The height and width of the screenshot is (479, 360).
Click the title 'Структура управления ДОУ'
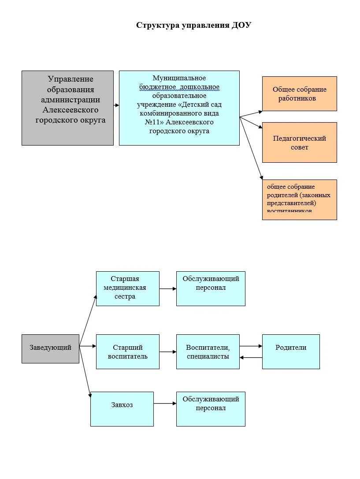click(x=193, y=25)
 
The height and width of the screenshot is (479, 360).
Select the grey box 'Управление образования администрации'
click(x=67, y=108)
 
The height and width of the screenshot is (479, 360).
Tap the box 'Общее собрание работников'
click(x=299, y=94)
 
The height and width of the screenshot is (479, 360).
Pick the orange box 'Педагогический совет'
click(x=299, y=142)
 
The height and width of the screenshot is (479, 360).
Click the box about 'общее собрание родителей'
click(x=299, y=199)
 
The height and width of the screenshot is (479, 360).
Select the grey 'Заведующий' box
click(x=50, y=348)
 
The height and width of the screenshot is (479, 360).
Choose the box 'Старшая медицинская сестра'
click(x=128, y=288)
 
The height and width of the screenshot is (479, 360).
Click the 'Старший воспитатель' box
click(x=128, y=352)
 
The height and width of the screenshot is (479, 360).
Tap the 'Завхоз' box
click(x=122, y=409)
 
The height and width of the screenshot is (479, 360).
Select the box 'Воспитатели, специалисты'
click(x=208, y=352)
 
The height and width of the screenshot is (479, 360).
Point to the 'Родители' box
click(x=291, y=352)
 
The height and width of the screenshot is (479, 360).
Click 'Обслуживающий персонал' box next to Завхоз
click(x=211, y=409)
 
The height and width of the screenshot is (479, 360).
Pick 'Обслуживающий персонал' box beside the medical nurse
click(x=211, y=288)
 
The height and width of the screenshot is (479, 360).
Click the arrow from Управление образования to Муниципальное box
click(x=116, y=105)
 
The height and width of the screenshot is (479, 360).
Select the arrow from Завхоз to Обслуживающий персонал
click(x=165, y=404)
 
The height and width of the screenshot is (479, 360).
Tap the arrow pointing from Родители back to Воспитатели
click(x=251, y=357)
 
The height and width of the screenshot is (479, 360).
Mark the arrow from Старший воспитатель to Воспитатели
click(x=167, y=352)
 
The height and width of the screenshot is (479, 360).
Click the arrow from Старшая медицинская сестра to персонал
click(x=167, y=289)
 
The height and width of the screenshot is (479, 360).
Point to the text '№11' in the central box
click(x=152, y=122)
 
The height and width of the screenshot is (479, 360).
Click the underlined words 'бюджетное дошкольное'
click(x=179, y=87)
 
